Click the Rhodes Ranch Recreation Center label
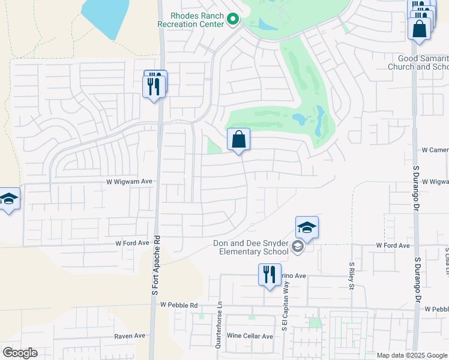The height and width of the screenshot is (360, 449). (190, 20)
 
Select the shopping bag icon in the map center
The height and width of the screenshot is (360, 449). (239, 140)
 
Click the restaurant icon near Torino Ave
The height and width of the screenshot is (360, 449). (270, 275)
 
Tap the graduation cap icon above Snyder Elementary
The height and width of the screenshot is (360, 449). (307, 227)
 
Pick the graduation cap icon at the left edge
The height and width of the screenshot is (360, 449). (9, 199)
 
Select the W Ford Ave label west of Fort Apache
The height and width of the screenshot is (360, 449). (132, 244)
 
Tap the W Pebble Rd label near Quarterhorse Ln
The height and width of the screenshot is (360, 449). (179, 305)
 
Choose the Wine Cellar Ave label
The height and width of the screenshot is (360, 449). (250, 336)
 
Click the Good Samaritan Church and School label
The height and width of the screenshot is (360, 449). (424, 62)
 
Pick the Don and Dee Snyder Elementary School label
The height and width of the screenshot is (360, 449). (251, 247)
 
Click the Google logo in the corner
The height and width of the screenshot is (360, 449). (20, 353)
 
